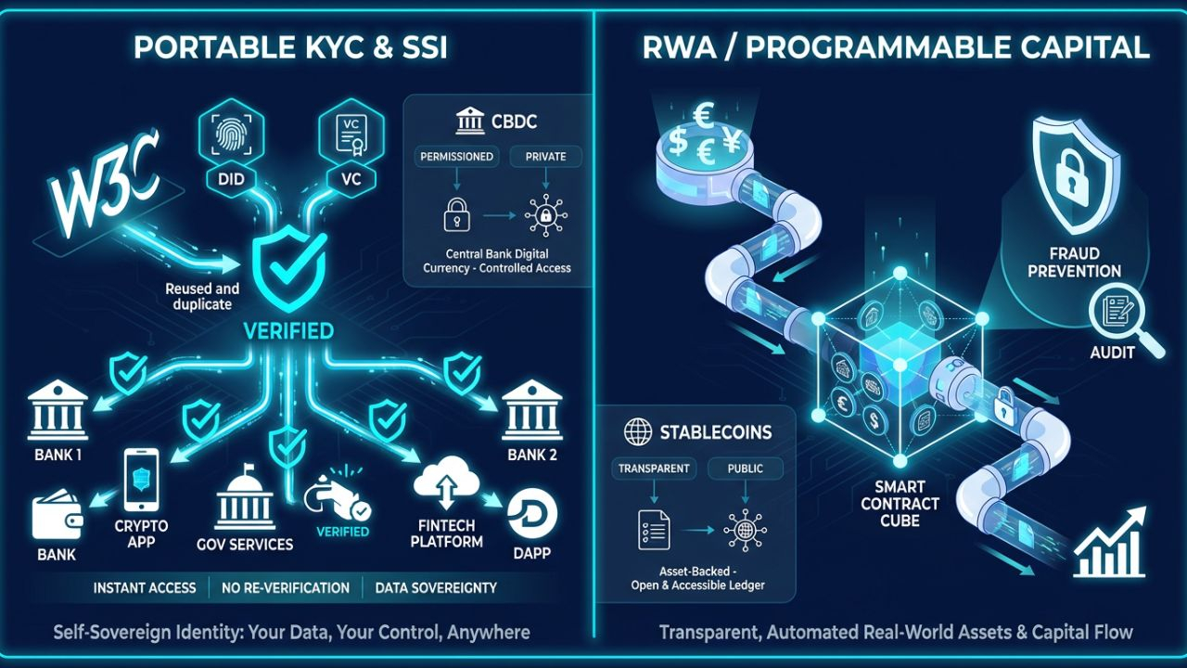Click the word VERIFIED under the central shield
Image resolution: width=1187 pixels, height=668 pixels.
(288, 330)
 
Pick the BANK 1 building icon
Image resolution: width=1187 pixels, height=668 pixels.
(57, 410)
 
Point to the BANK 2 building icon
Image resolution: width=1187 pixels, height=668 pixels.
(531, 410)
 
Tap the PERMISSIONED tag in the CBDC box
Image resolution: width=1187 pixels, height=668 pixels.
(456, 157)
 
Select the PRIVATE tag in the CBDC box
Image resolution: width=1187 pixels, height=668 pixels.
(545, 157)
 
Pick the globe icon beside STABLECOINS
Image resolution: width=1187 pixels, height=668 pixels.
(638, 432)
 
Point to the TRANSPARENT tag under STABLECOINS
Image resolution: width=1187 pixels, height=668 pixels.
(654, 469)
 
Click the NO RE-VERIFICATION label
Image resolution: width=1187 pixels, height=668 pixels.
(286, 587)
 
